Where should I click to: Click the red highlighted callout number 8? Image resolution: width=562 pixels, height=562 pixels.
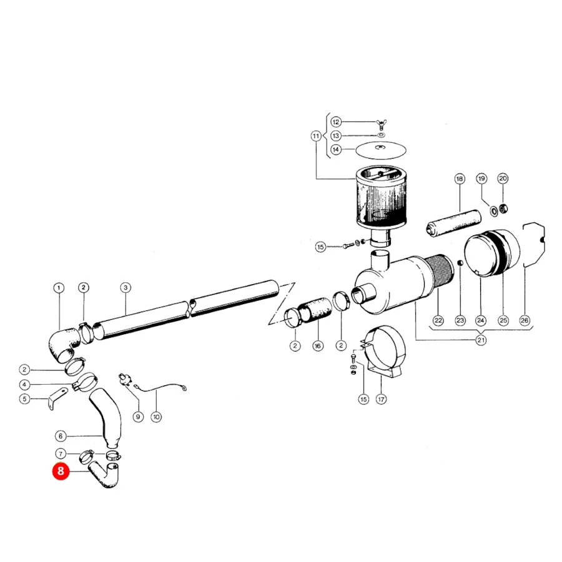point(61,471)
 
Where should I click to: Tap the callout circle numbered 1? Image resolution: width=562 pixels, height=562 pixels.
point(59,288)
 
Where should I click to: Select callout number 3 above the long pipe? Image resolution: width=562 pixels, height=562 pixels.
point(126,287)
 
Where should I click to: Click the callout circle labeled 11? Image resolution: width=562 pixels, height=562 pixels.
point(316,136)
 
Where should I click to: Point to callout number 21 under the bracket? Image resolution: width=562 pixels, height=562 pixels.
point(481,340)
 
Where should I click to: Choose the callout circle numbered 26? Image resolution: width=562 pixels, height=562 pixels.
point(525,320)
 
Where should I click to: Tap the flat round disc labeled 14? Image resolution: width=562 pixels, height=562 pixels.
point(381,149)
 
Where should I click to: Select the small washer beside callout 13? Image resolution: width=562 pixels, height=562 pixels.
point(381,136)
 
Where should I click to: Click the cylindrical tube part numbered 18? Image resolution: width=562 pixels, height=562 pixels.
point(453,224)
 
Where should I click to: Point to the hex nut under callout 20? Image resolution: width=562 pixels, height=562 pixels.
point(503,208)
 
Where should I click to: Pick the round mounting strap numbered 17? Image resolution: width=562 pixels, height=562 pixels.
point(383,351)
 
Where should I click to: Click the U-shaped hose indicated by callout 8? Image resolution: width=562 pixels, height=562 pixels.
point(106,475)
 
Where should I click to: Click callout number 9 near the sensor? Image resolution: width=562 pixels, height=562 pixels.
point(138,417)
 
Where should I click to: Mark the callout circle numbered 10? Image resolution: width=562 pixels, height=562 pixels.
point(156,417)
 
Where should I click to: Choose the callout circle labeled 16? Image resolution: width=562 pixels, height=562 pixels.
point(318,346)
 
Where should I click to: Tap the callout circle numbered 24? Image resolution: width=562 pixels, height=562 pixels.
point(481,320)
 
